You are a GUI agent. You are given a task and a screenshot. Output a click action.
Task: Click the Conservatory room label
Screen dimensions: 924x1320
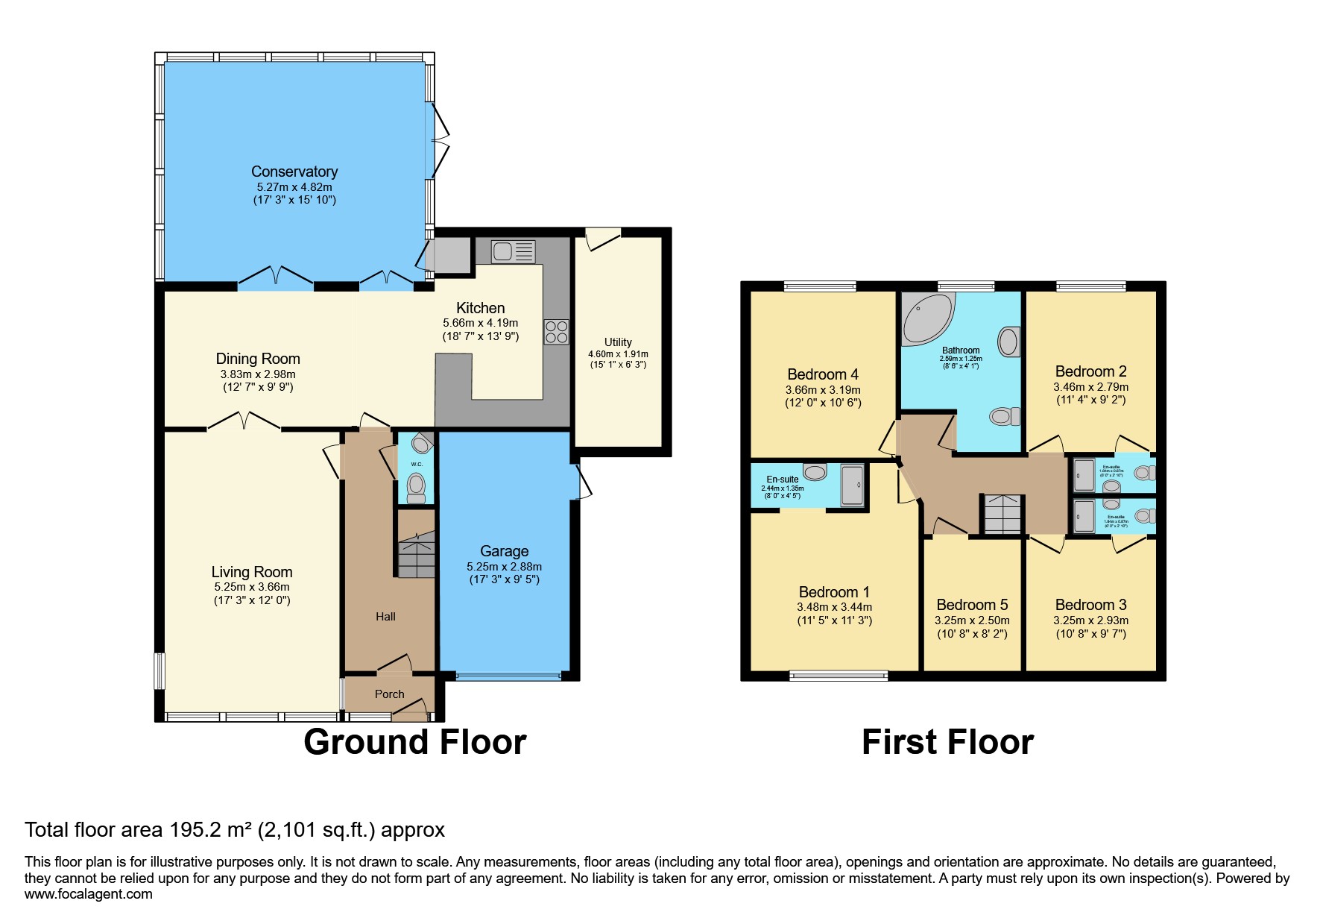(294, 172)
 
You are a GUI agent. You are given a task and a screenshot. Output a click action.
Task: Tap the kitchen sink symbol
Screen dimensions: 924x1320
(514, 251)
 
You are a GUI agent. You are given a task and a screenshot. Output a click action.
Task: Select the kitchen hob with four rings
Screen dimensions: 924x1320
(556, 332)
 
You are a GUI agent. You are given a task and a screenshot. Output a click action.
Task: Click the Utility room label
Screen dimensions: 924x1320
(618, 342)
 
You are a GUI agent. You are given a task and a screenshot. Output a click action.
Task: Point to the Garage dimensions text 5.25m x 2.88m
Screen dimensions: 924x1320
(504, 567)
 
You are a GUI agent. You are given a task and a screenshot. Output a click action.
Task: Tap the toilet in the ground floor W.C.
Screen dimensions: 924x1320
(417, 487)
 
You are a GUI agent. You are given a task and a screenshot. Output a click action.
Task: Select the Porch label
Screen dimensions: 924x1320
(389, 694)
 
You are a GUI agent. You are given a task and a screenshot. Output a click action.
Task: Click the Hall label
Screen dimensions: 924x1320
(385, 617)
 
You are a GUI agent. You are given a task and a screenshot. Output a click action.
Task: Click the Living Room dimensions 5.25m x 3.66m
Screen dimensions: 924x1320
(252, 587)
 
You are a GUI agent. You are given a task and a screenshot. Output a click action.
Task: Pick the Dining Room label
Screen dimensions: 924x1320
(258, 359)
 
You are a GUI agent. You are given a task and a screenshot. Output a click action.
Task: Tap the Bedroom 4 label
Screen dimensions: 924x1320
(823, 374)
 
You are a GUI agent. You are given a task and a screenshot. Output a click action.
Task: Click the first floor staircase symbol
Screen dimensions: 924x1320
(1002, 515)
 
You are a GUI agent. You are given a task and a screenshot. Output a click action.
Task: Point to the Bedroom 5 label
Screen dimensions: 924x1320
(972, 605)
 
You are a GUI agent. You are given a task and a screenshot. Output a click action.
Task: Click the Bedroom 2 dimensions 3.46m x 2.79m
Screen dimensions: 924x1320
(1090, 387)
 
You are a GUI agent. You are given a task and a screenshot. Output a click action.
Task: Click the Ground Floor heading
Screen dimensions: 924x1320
(415, 743)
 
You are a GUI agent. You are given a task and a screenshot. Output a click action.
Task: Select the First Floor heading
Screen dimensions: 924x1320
(947, 743)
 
